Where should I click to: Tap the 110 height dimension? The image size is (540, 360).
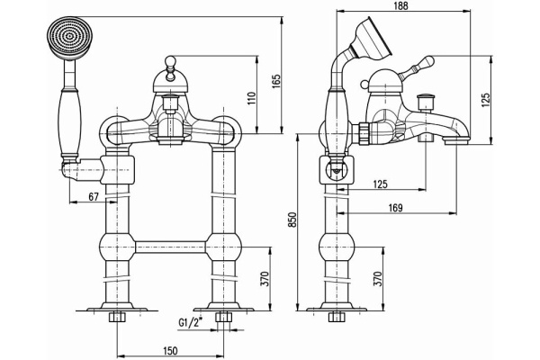click(253, 97)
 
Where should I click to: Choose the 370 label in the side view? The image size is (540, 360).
click(379, 279)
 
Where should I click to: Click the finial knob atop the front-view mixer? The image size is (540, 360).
click(169, 62)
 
